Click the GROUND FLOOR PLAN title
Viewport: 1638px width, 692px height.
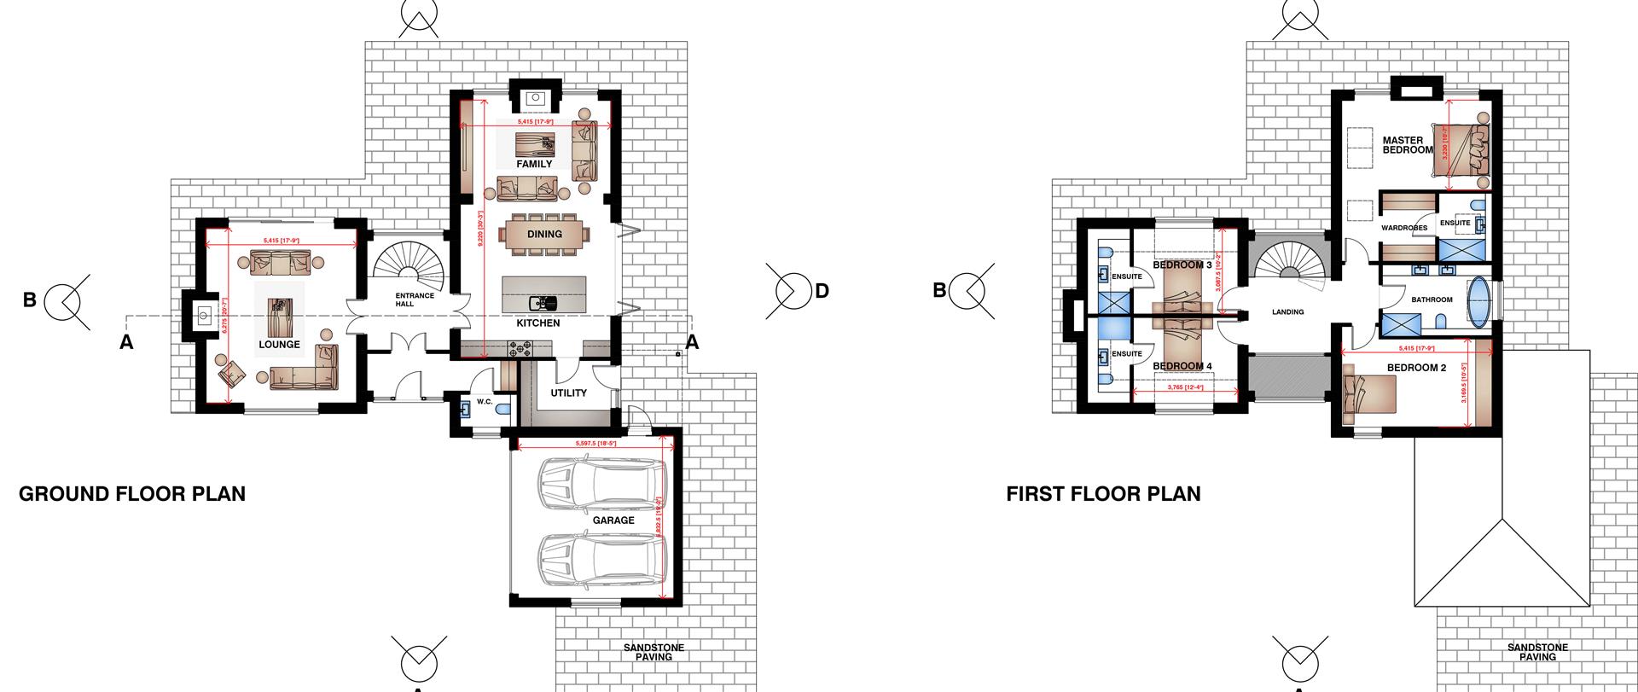pyautogui.click(x=132, y=494)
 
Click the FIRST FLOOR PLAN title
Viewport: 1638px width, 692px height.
pyautogui.click(x=1103, y=494)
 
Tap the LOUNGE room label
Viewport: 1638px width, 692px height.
pyautogui.click(x=279, y=345)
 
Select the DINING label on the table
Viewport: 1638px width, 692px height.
pyautogui.click(x=544, y=234)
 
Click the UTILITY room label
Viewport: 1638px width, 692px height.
pyautogui.click(x=568, y=393)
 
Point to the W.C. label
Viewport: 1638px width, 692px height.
pyautogui.click(x=485, y=401)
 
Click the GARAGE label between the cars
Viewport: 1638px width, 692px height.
pyautogui.click(x=613, y=520)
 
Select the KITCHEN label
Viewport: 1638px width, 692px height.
pyautogui.click(x=538, y=323)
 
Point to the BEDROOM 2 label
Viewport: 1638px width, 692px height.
pyautogui.click(x=1416, y=368)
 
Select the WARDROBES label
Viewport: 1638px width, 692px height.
pyautogui.click(x=1404, y=228)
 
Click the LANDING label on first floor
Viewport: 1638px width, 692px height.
pyautogui.click(x=1287, y=312)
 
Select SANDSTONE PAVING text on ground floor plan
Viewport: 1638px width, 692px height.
pyautogui.click(x=653, y=652)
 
